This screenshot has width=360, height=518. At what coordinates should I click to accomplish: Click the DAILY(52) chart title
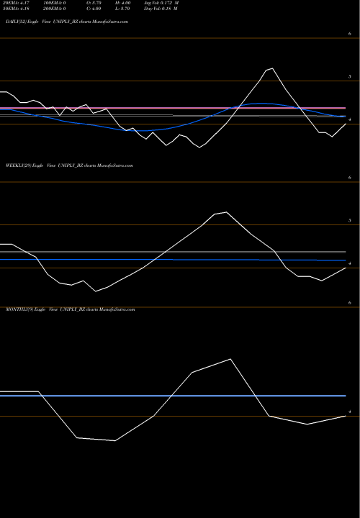pyautogui.click(x=67, y=23)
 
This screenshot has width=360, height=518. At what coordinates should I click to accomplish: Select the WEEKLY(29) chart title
pyautogui.click(x=69, y=165)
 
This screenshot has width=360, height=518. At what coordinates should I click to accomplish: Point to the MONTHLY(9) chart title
pyautogui.click(x=70, y=308)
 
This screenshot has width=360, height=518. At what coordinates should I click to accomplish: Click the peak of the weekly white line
pyautogui.click(x=228, y=212)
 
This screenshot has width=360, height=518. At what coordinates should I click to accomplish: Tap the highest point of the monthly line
pyautogui.click(x=230, y=359)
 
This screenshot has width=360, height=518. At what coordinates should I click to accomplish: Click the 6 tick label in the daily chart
pyautogui.click(x=349, y=35)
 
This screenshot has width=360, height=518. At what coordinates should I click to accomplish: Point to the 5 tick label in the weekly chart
pyautogui.click(x=349, y=220)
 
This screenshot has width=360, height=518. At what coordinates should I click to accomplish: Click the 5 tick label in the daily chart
pyautogui.click(x=349, y=76)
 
